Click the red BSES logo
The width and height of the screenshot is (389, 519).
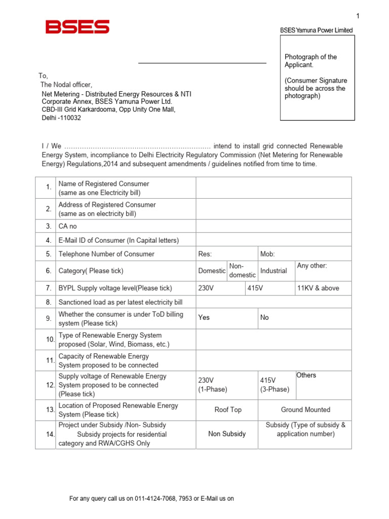pyautogui.click(x=77, y=27)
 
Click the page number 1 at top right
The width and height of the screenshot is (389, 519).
pyautogui.click(x=358, y=16)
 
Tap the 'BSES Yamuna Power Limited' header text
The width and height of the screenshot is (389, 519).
pyautogui.click(x=316, y=30)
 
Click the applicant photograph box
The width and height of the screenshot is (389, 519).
pyautogui.click(x=318, y=78)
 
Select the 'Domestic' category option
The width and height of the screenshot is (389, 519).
pyautogui.click(x=212, y=271)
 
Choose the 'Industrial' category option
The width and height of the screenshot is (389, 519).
pyautogui.click(x=274, y=271)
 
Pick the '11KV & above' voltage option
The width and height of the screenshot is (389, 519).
pyautogui.click(x=318, y=288)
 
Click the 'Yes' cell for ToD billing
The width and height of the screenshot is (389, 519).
pyautogui.click(x=204, y=317)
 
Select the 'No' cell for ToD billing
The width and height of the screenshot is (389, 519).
pyautogui.click(x=264, y=317)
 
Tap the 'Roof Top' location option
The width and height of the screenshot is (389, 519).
pyautogui.click(x=228, y=410)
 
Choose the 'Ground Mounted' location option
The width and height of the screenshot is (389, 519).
pyautogui.click(x=305, y=410)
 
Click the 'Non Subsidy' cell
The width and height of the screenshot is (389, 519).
pyautogui.click(x=227, y=434)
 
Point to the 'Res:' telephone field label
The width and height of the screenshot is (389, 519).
pyautogui.click(x=205, y=254)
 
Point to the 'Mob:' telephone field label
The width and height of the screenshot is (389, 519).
pyautogui.click(x=267, y=254)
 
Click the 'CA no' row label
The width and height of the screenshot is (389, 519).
pyautogui.click(x=68, y=226)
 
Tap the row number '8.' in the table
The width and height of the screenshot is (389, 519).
pyautogui.click(x=49, y=302)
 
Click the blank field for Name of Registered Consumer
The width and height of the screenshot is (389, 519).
pyautogui.click(x=274, y=188)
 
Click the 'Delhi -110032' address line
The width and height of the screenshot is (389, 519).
pyautogui.click(x=61, y=118)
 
